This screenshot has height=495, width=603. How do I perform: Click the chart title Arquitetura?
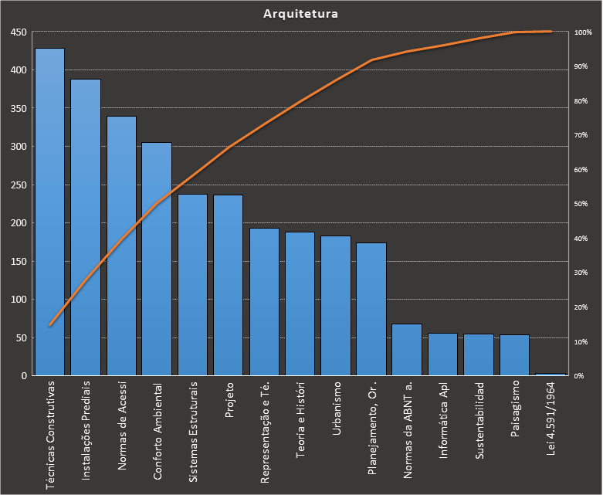[x=300, y=14]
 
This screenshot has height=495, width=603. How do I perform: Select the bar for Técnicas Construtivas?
[x=49, y=212]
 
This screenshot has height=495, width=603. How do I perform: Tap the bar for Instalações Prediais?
[x=86, y=228]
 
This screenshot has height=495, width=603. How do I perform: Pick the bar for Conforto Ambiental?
[x=157, y=259]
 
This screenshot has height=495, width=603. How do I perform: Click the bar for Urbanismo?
[x=336, y=306]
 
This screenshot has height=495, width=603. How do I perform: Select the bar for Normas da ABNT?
[x=407, y=350]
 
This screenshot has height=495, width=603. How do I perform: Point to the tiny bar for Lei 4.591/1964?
[x=550, y=374]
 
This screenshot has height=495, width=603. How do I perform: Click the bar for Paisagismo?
[x=514, y=355]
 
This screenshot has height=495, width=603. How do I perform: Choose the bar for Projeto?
[x=229, y=286]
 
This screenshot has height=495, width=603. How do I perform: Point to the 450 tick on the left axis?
[x=19, y=32]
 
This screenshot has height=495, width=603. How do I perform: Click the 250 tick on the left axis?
[x=19, y=185]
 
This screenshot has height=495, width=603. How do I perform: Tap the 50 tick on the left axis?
[x=21, y=338]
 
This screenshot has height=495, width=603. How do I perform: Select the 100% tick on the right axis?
[x=583, y=32]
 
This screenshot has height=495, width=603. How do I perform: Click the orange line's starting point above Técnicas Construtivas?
[x=49, y=325]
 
